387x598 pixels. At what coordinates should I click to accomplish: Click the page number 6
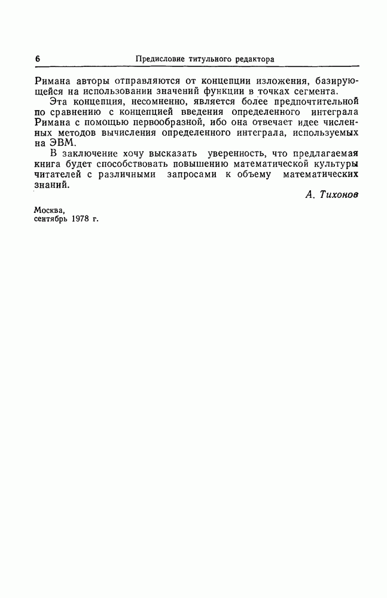37,59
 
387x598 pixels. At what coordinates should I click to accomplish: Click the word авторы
89,80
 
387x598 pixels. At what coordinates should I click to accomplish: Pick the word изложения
278,80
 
